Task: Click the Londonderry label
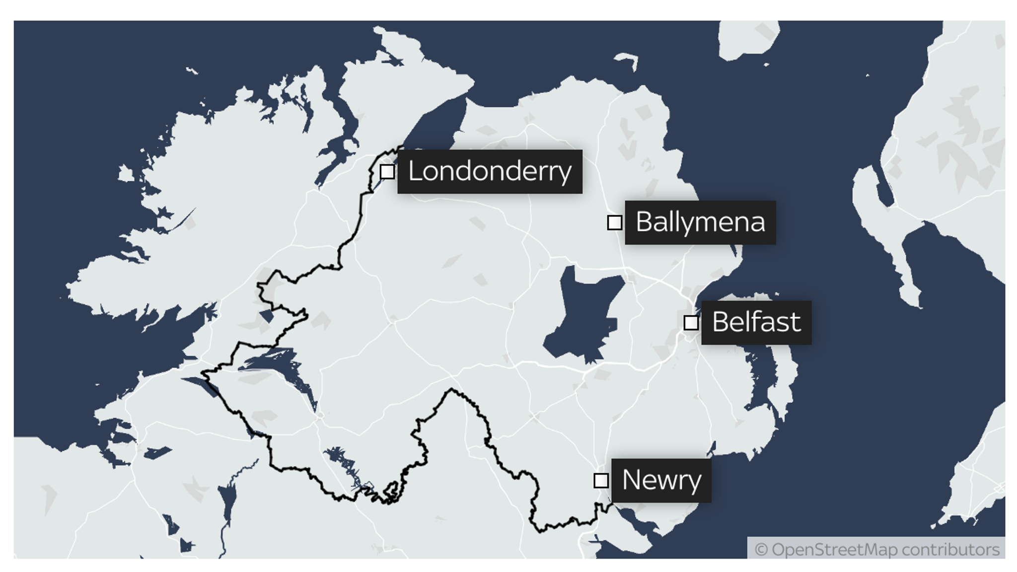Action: pos(490,171)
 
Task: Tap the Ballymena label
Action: pos(700,222)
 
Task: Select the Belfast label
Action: pos(756,322)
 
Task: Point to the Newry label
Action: pos(661,480)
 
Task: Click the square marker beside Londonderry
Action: pos(387,172)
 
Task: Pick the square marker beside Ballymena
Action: pos(614,222)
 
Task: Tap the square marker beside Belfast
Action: pos(691,323)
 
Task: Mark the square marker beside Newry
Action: pos(601,481)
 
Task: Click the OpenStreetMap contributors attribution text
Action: pos(876,550)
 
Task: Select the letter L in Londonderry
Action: pos(414,171)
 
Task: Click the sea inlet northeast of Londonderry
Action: pos(437,124)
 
